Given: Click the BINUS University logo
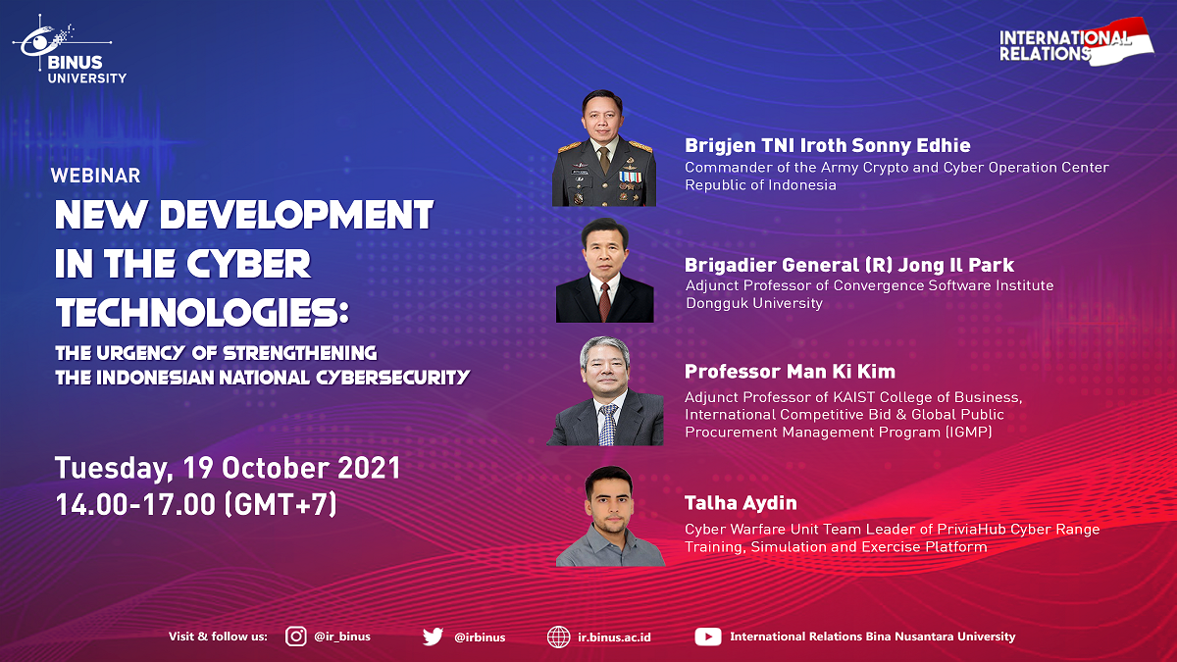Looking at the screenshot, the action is [70, 50].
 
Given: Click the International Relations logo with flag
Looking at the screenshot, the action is [1076, 42].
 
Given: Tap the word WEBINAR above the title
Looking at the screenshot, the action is [96, 176].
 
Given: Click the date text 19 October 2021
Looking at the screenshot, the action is [292, 468].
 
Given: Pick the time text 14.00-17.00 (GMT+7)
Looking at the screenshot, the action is [196, 504].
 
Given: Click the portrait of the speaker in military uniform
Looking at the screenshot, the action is [604, 148].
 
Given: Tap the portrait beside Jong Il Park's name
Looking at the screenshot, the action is [605, 270].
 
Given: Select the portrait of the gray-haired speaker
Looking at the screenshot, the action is [605, 391].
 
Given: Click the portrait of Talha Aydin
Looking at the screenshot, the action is [610, 516].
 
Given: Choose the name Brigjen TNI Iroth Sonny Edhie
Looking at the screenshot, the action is [828, 145].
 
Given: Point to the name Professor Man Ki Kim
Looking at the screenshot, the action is [790, 372].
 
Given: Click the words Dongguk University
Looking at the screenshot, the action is [754, 303].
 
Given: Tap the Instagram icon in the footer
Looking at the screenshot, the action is [296, 637].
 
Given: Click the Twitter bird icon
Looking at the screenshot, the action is [433, 637].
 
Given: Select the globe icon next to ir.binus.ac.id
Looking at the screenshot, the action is [558, 637].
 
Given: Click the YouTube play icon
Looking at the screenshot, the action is [708, 637].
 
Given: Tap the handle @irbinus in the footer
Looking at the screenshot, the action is [480, 637].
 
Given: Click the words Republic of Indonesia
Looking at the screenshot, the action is [760, 185].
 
